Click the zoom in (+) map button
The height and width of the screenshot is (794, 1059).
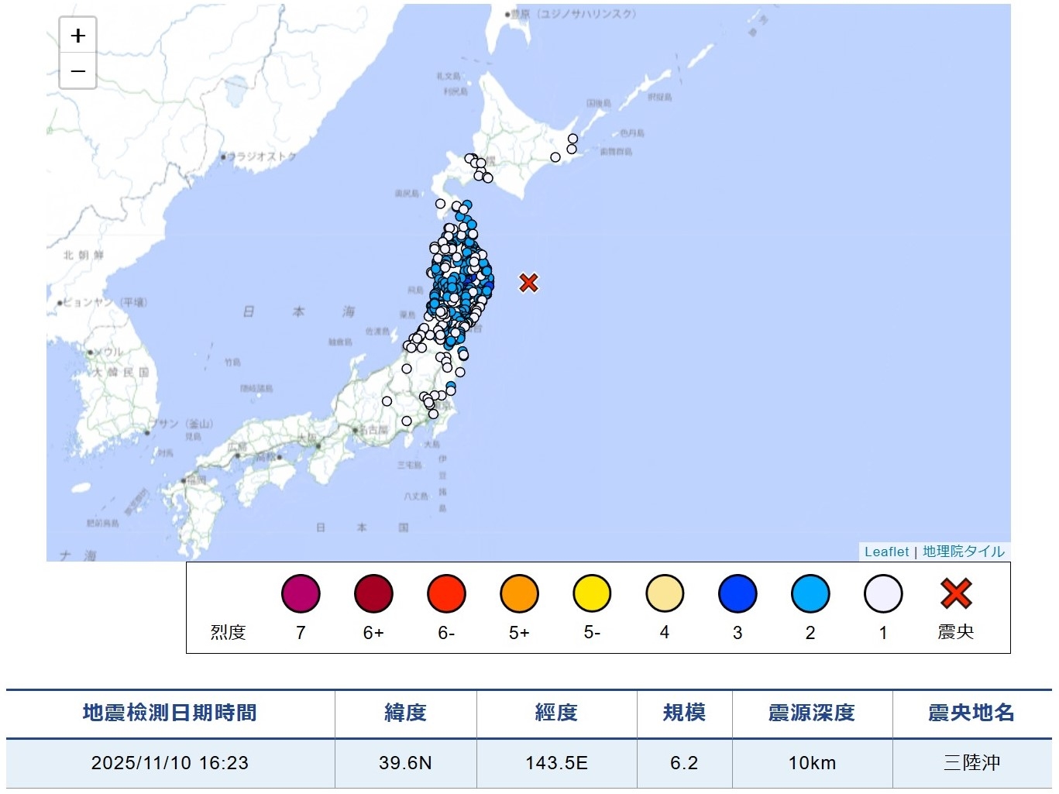[x=77, y=36]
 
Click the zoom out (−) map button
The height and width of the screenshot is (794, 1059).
[x=77, y=71]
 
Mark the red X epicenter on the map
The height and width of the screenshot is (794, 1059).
[x=528, y=283]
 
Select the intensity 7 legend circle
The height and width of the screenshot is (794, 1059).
[x=301, y=594]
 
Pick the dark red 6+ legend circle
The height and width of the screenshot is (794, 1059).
[x=373, y=594]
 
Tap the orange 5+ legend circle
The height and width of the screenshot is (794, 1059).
[x=519, y=594]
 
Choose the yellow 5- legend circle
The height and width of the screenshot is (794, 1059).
[x=592, y=594]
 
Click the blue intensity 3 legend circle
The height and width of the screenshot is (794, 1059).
[x=738, y=594]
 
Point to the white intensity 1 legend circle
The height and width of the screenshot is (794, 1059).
[x=883, y=594]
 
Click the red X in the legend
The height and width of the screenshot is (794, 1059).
[x=956, y=593]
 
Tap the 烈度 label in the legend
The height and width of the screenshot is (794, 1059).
[x=228, y=632]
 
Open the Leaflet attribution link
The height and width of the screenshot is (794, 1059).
[x=886, y=552]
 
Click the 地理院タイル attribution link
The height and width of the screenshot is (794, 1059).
[x=963, y=552]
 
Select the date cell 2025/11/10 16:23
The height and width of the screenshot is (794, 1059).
[x=170, y=763]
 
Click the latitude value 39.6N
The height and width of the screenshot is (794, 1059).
[x=405, y=763]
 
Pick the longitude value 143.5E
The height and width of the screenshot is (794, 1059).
[x=556, y=763]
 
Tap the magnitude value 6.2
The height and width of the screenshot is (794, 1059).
[x=684, y=763]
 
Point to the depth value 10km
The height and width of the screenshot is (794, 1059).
[x=812, y=763]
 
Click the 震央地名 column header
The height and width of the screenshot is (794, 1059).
[x=971, y=713]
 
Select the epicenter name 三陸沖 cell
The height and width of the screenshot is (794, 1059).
[x=971, y=763]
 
